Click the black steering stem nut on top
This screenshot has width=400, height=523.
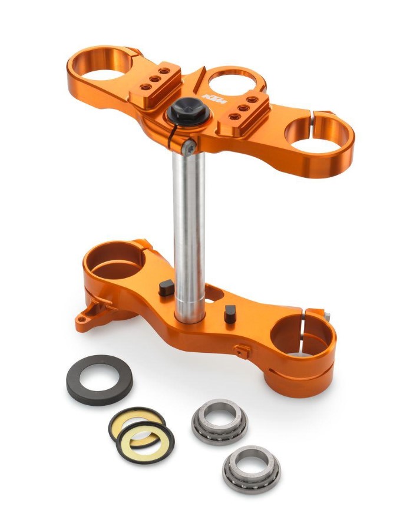point(189,111)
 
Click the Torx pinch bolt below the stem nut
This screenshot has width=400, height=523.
point(189,148)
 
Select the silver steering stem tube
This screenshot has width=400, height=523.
point(189,233)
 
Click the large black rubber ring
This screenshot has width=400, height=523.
point(100,380)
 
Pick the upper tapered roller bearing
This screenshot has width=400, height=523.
point(220,422)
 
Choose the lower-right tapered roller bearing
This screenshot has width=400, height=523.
point(251,469)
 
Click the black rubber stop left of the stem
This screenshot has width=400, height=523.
point(166,288)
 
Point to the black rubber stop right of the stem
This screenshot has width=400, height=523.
point(230,314)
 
